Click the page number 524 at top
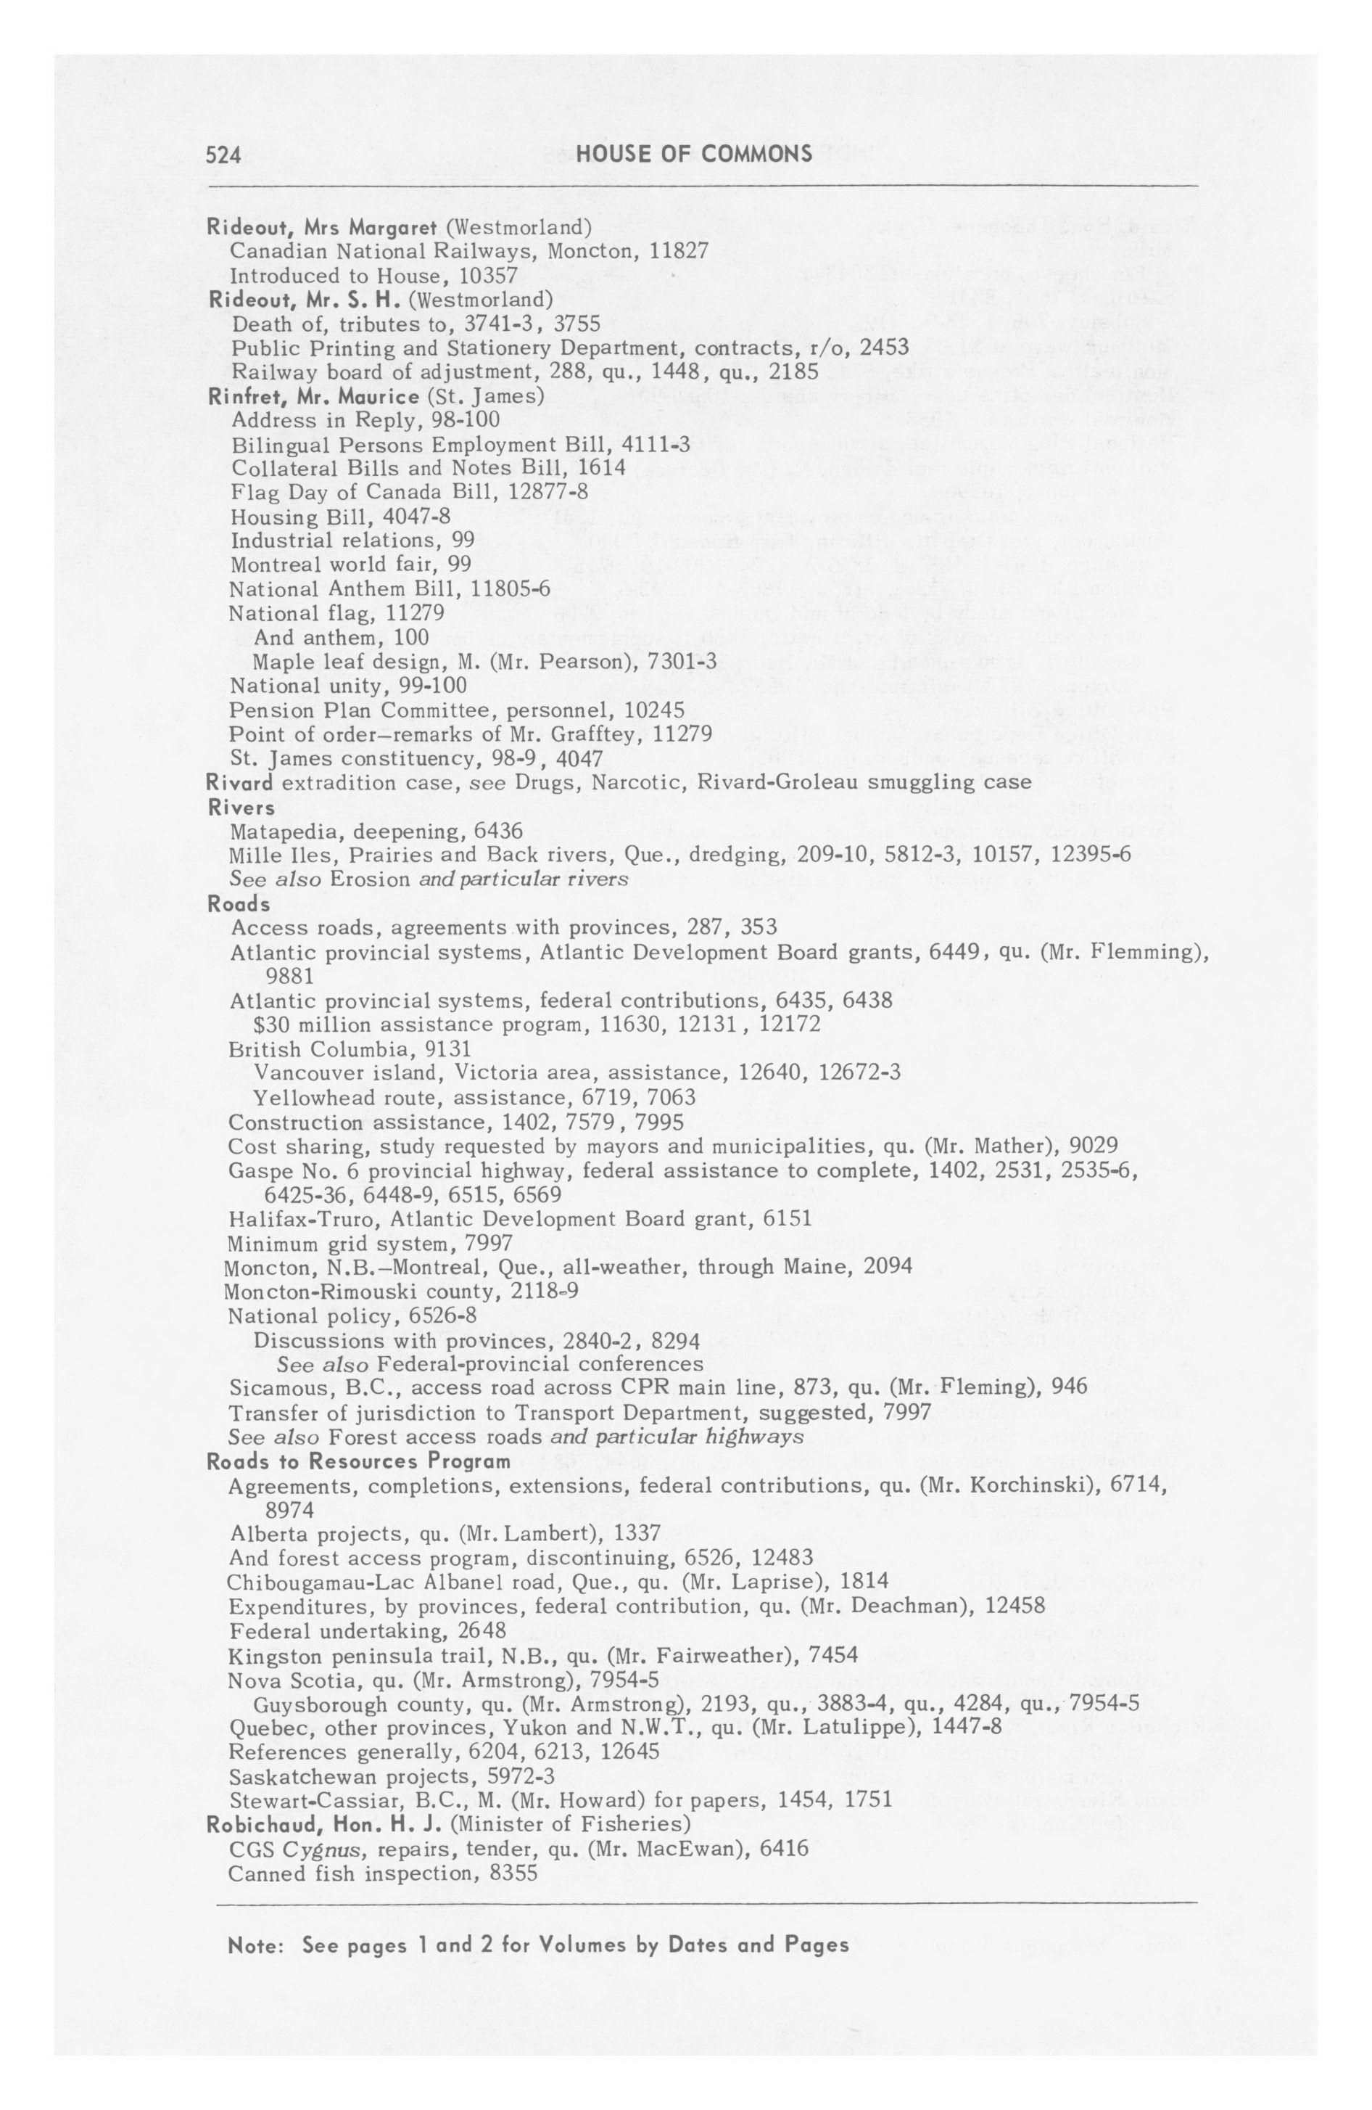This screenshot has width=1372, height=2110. tap(223, 155)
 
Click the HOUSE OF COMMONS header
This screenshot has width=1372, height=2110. tap(693, 155)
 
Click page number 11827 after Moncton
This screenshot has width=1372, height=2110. tap(678, 251)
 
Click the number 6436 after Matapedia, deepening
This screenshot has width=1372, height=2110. tap(498, 832)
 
